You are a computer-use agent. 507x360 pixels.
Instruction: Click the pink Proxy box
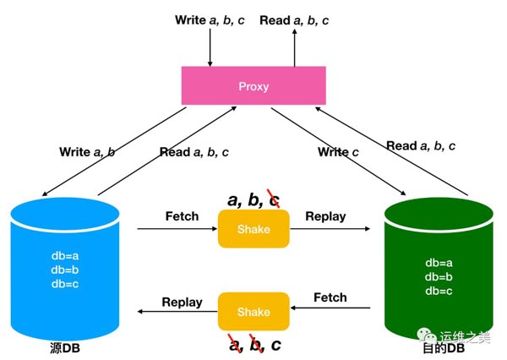tap(253, 85)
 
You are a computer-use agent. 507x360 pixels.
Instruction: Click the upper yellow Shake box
tap(253, 229)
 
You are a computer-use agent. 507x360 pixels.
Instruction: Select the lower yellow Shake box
tap(253, 312)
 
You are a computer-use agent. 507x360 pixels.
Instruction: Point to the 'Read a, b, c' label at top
tap(296, 19)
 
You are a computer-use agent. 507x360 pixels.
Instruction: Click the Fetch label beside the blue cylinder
tap(181, 216)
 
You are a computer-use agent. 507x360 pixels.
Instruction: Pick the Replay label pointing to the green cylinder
tap(325, 216)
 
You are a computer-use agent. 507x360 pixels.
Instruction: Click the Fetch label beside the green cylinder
tap(330, 297)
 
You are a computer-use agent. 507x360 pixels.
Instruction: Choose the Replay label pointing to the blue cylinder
tap(182, 302)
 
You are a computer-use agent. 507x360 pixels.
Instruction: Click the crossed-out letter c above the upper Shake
tap(273, 199)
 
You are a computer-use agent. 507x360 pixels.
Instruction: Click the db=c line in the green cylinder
tap(439, 291)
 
